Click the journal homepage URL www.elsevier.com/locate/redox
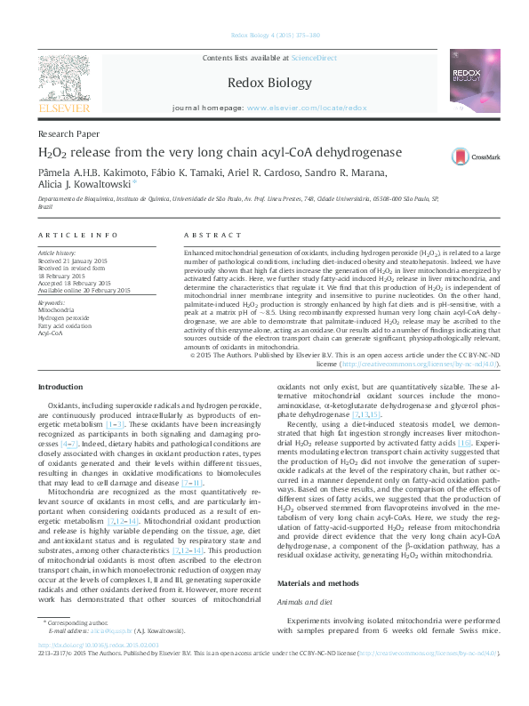point(307,107)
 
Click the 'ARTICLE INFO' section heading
point(78,235)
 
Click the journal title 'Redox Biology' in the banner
point(264,82)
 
